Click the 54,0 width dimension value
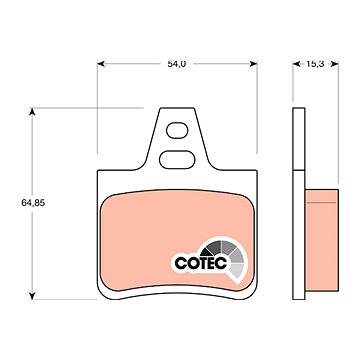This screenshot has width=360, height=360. [176, 64]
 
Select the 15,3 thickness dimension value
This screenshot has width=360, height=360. [315, 64]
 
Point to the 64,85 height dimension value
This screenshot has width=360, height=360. [33, 203]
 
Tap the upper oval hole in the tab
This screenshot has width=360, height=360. [177, 130]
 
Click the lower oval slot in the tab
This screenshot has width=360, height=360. [177, 160]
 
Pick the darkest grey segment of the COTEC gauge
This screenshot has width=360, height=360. [213, 248]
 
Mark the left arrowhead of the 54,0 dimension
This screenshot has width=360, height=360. [101, 64]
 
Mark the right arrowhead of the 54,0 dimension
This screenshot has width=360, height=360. [253, 64]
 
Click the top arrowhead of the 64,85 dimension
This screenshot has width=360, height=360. [32, 112]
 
